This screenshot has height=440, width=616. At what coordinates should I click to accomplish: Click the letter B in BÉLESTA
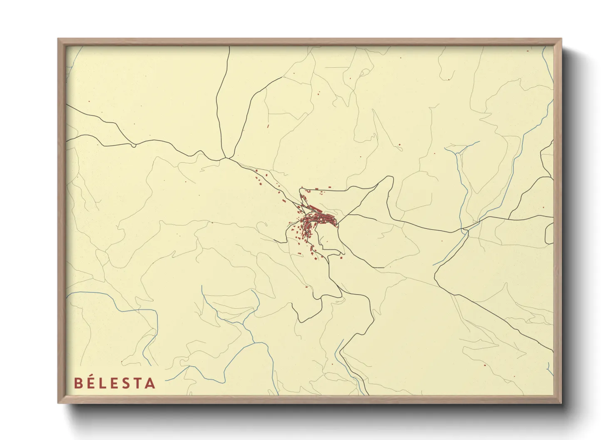tap(78, 383)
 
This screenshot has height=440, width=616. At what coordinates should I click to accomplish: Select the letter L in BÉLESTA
tap(104, 383)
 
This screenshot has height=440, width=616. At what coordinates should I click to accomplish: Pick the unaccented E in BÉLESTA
tap(115, 383)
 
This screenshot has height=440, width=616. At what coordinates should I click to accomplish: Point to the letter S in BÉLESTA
tap(127, 383)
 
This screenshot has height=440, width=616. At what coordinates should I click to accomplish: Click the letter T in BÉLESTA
tap(138, 383)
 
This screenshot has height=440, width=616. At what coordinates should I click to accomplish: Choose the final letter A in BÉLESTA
tap(150, 383)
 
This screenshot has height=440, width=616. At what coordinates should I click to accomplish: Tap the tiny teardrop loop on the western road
tap(133, 145)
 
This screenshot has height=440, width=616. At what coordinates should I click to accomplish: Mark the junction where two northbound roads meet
tap(225, 158)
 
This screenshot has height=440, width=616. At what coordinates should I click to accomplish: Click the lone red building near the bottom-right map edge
tap(485, 365)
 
